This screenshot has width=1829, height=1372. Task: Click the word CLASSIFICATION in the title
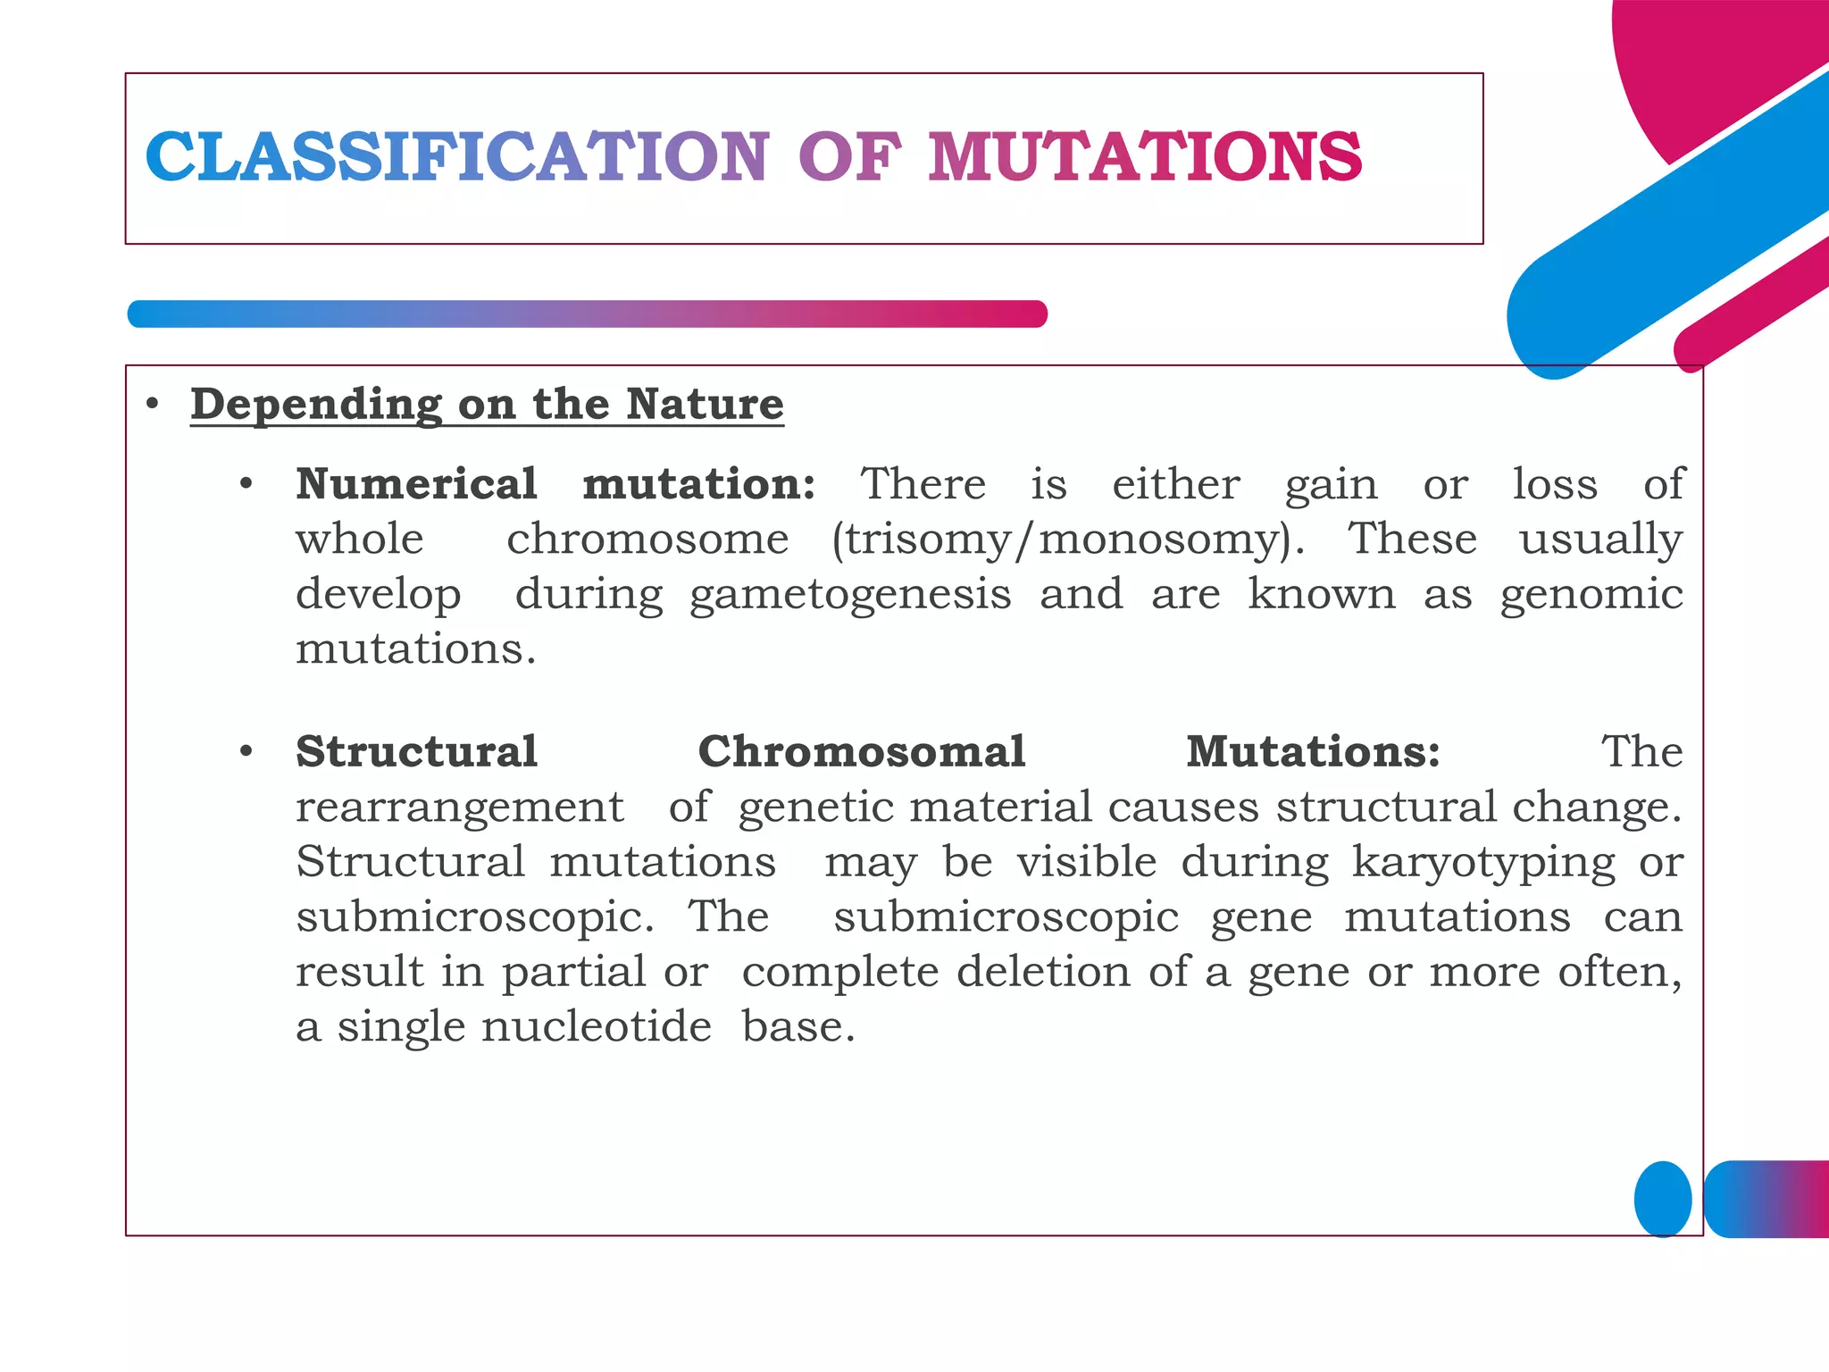click(456, 157)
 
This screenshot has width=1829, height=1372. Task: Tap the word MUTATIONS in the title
click(1145, 157)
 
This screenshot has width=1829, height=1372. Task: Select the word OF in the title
click(848, 157)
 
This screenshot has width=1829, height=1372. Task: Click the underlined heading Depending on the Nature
click(487, 404)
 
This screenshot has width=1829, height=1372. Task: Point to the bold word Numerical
click(416, 484)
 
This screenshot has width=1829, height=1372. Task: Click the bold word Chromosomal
click(861, 751)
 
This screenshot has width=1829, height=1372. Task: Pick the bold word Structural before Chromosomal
click(416, 751)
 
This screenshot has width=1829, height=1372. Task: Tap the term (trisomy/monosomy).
click(1067, 540)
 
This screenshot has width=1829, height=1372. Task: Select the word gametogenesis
click(850, 595)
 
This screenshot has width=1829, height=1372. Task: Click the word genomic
click(1591, 595)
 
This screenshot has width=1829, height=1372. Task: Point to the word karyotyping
click(1483, 862)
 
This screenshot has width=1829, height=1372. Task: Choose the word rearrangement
click(459, 807)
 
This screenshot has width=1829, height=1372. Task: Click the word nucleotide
click(596, 1026)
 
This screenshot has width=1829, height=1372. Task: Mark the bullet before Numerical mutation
click(246, 485)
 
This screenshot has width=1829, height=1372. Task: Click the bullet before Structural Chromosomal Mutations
click(246, 752)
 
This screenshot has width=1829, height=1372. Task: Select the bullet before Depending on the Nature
click(153, 405)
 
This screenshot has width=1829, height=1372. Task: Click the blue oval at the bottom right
click(1662, 1199)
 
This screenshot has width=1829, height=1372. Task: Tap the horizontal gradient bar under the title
click(587, 314)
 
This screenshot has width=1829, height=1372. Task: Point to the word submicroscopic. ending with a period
click(474, 917)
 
